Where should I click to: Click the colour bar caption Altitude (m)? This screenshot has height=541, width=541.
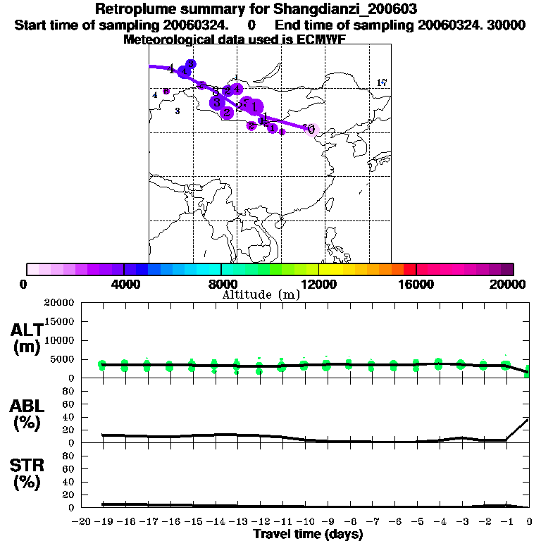pyautogui.click(x=261, y=294)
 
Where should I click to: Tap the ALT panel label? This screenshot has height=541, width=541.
pyautogui.click(x=27, y=338)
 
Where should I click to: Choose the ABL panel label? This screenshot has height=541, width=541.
pyautogui.click(x=27, y=415)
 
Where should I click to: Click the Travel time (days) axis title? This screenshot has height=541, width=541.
pyautogui.click(x=308, y=535)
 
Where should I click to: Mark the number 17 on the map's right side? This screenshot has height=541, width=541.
pyautogui.click(x=382, y=82)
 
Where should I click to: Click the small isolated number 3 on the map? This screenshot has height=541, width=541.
pyautogui.click(x=177, y=111)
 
